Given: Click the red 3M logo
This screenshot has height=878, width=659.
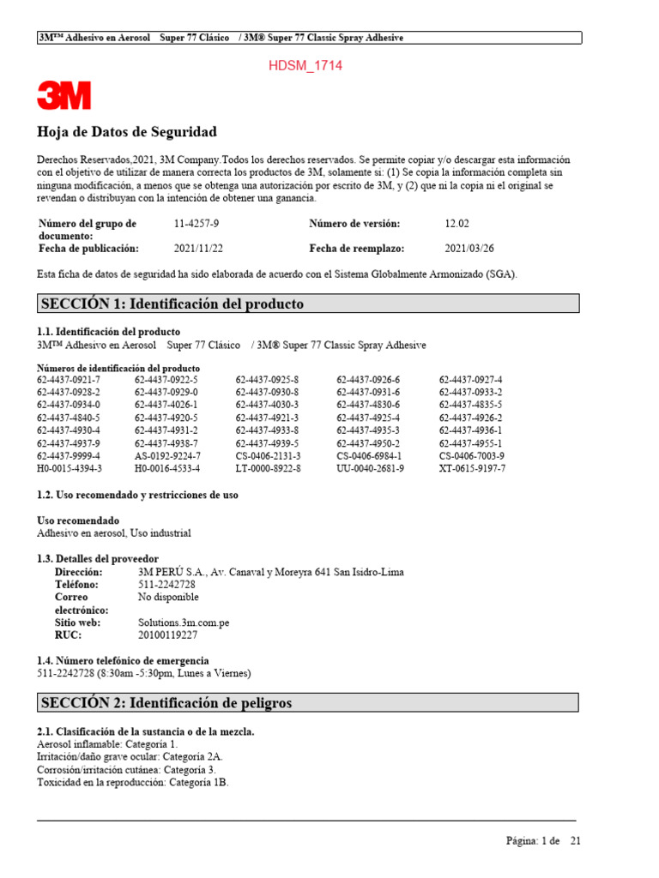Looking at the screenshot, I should [x=63, y=95].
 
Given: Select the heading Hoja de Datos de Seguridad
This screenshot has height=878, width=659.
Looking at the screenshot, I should [x=127, y=132].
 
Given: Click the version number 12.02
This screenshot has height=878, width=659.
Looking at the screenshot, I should [x=456, y=224].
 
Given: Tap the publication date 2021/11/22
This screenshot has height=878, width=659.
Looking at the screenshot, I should [x=198, y=249].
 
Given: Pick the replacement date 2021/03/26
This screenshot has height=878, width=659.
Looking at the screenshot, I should [x=469, y=249].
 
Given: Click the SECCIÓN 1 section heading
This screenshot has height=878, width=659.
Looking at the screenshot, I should [x=172, y=304].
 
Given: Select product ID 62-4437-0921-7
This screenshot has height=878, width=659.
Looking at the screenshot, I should [x=69, y=380].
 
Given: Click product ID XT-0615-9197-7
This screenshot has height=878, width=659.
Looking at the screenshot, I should [x=472, y=469].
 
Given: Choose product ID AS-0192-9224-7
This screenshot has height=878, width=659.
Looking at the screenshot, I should [x=166, y=456].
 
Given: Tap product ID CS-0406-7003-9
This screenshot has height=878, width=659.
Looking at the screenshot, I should [x=471, y=456].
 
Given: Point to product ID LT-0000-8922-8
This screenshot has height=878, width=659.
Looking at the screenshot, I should [x=268, y=469].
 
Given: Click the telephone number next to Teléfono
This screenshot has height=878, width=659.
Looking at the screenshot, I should [x=166, y=585].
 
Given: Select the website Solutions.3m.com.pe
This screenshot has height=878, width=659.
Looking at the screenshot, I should [x=184, y=622].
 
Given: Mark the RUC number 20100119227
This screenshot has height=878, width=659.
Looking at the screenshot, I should [x=167, y=635].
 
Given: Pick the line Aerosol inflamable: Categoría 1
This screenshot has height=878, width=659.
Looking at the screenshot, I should [x=108, y=745].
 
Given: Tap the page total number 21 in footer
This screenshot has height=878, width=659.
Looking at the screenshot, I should [x=576, y=841].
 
